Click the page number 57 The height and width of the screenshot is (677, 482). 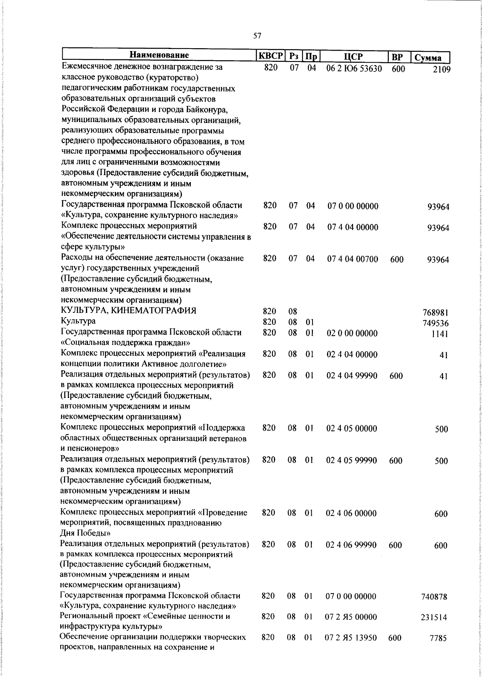tap(257, 36)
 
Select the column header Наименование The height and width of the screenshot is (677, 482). tap(159, 55)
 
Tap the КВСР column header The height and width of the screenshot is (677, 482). tap(271, 55)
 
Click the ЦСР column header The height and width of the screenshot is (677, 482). tap(353, 56)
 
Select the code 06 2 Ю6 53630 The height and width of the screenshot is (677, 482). tap(354, 68)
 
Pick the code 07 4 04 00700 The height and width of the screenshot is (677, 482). tap(352, 259)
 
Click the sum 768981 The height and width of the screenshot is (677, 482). tap(436, 313)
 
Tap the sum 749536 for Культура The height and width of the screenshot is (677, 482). tap(436, 323)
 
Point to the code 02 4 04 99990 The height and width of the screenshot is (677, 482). tap(352, 375)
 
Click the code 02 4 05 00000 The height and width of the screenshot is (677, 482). tap(352, 428)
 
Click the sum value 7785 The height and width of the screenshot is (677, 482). tap(437, 638)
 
